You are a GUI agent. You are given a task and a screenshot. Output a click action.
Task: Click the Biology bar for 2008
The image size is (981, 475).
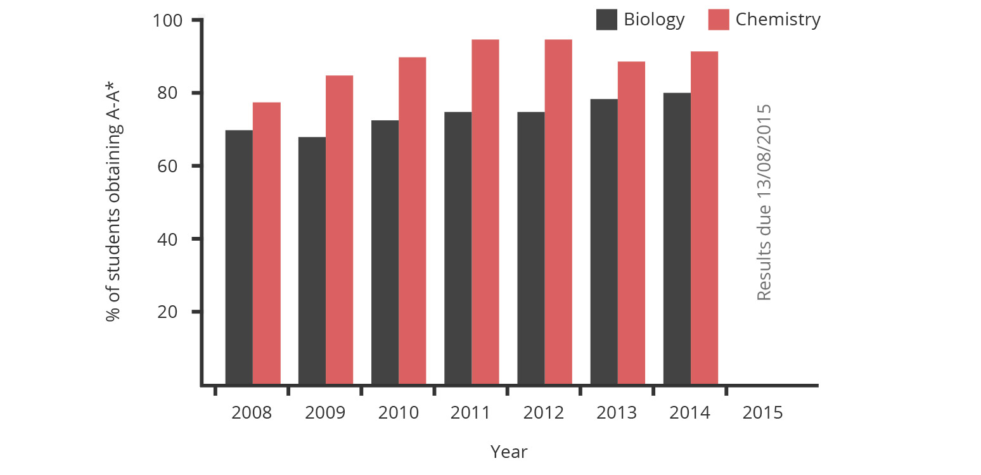pyautogui.click(x=239, y=257)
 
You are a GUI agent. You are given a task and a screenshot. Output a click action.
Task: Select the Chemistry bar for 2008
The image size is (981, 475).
pyautogui.click(x=267, y=243)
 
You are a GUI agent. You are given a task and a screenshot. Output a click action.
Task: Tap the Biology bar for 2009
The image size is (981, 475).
pyautogui.click(x=312, y=260)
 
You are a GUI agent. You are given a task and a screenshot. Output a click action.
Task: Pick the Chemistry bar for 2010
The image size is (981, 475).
pyautogui.click(x=413, y=220)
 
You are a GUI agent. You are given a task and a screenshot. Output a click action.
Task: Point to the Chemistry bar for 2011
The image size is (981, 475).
pyautogui.click(x=485, y=212)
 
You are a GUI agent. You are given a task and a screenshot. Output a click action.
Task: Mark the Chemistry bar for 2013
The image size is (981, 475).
pyautogui.click(x=632, y=223)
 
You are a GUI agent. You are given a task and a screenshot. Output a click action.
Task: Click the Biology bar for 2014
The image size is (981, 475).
pyautogui.click(x=677, y=239)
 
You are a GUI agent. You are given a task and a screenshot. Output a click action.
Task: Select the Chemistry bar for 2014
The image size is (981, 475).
pyautogui.click(x=705, y=218)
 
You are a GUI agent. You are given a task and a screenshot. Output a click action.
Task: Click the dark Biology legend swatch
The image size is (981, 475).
pyautogui.click(x=606, y=20)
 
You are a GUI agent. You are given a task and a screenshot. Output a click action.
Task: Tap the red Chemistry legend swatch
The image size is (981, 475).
pyautogui.click(x=719, y=20)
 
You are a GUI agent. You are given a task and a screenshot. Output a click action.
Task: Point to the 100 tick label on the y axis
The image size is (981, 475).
pyautogui.click(x=168, y=20)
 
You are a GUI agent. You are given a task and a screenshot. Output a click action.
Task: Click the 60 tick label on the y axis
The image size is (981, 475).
pyautogui.click(x=173, y=166)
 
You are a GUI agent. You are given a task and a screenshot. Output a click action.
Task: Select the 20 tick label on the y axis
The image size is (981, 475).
pyautogui.click(x=173, y=312)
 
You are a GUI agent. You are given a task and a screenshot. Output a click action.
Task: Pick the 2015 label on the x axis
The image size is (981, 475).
pyautogui.click(x=762, y=414)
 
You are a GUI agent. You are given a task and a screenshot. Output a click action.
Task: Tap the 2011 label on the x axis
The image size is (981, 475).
pyautogui.click(x=471, y=414)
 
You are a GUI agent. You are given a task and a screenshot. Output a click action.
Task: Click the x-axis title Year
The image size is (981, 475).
pyautogui.click(x=509, y=452)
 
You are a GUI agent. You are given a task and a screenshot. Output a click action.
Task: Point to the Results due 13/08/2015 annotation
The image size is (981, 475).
pyautogui.click(x=764, y=203)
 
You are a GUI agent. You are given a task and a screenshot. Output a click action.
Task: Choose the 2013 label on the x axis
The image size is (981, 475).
pyautogui.click(x=617, y=414)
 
